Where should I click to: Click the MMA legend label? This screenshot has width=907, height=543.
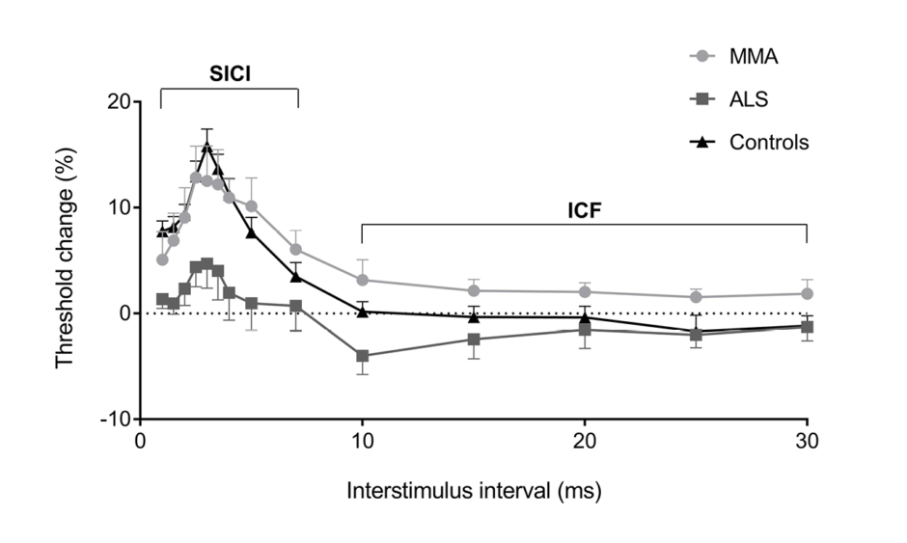(754, 57)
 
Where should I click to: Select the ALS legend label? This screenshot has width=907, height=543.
(749, 99)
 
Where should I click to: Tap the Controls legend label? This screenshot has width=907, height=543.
(768, 143)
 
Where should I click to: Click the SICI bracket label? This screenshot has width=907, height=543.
(230, 73)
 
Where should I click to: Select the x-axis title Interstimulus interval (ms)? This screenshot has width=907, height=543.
(474, 491)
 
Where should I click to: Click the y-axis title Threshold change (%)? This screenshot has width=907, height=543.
(66, 260)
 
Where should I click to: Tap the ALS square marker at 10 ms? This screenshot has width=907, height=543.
(362, 356)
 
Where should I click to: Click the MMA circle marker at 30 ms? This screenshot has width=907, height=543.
(807, 293)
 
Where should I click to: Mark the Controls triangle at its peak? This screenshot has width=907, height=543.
(206, 146)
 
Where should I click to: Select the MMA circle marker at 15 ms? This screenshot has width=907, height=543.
(474, 290)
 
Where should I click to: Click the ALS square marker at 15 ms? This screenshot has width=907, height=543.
(474, 339)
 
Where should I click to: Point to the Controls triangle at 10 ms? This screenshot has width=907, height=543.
(362, 311)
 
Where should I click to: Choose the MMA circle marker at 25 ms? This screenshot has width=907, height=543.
(696, 297)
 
